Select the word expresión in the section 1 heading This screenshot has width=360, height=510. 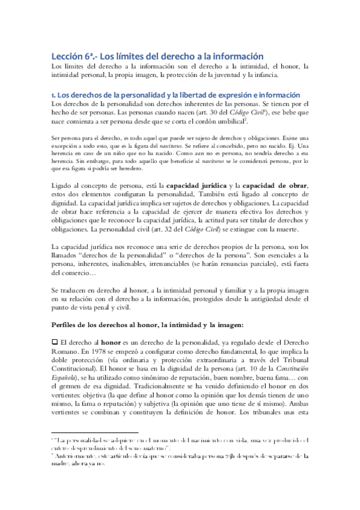tap(217, 95)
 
